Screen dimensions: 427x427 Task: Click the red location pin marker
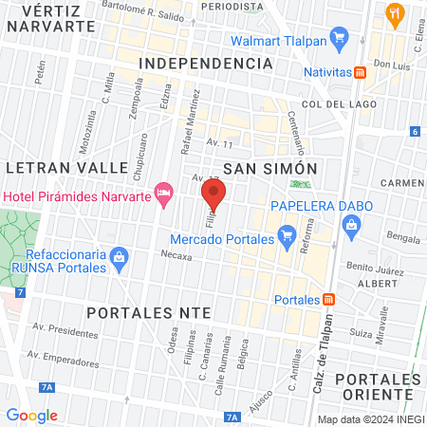pos(213,197)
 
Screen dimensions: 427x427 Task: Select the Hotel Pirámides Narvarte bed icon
pos(164,195)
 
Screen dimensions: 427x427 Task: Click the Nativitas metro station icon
pos(361,72)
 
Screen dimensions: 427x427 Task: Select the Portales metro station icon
pos(329,299)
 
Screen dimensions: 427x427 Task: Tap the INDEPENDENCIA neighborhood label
pos(205,63)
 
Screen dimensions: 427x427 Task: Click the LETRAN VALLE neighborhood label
pos(66,167)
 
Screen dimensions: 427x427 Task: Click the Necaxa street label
pos(176,255)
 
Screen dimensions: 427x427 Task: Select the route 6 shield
pos(416,132)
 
